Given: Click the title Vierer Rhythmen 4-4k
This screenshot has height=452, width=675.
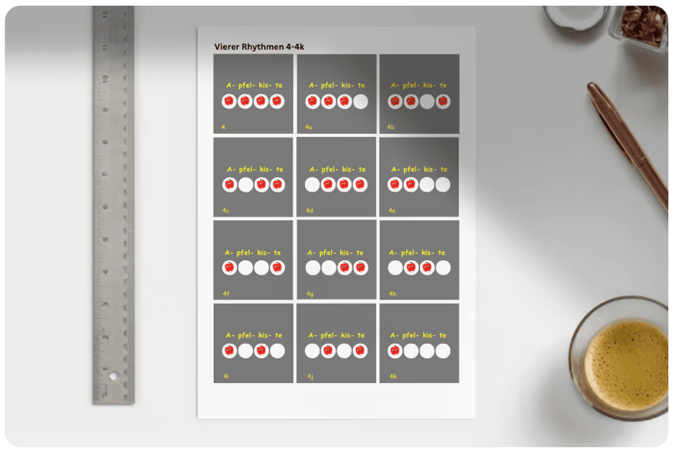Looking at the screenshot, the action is tap(259, 47).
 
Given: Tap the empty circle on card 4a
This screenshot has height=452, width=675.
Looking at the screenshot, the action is tap(361, 102).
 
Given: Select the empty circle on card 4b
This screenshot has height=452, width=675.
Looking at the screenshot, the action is tap(427, 102).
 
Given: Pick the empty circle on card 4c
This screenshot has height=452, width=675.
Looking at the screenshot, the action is tap(246, 185).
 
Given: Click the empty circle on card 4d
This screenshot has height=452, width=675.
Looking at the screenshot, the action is tap(312, 185).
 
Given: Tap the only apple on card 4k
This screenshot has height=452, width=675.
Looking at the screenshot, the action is tap(395, 351).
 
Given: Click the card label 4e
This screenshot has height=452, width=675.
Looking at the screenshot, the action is tap(391, 211).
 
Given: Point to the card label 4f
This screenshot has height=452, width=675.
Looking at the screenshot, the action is tap(226, 294).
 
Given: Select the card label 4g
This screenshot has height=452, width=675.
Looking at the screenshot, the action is tap(310, 294).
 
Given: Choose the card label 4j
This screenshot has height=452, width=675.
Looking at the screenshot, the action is tap(310, 377).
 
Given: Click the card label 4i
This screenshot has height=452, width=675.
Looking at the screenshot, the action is tap(226, 376).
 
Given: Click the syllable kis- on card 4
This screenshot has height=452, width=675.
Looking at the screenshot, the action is tap(265, 85).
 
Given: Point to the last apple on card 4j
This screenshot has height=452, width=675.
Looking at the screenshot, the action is tap(360, 351).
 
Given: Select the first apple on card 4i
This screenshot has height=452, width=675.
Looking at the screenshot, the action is tap(229, 351).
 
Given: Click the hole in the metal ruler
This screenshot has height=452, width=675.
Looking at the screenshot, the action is tap(114, 376).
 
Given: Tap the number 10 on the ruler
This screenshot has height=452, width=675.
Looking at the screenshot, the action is tap(105, 79).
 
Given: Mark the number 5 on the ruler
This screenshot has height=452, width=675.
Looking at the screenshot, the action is tap(105, 240).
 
